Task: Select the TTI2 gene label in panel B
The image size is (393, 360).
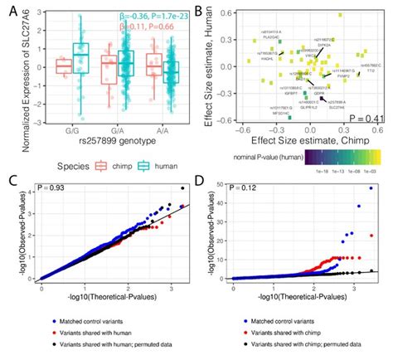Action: tap(371, 71)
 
